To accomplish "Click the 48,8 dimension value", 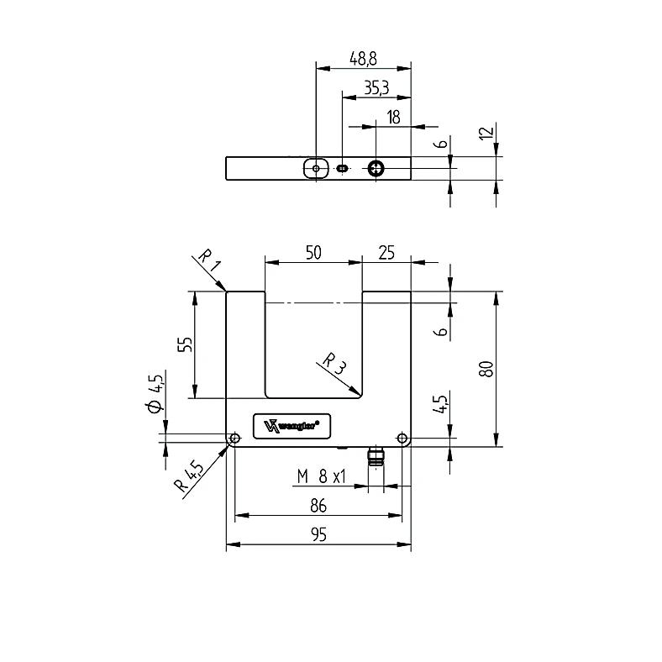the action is point(363,59).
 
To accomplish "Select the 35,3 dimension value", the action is point(376,88).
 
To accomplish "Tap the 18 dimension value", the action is point(393,117).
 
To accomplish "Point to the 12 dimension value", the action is point(486,133).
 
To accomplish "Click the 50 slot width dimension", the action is point(313,253).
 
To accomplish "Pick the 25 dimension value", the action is point(386,253).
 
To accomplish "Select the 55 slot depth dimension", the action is point(185,344).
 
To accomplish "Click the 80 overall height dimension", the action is point(486,369).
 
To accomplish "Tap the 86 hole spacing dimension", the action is point(318,506).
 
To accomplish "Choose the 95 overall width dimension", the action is point(318,534).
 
